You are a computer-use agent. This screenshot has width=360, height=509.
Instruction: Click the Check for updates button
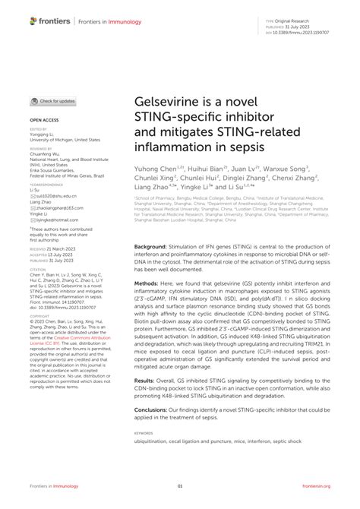point(53,101)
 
